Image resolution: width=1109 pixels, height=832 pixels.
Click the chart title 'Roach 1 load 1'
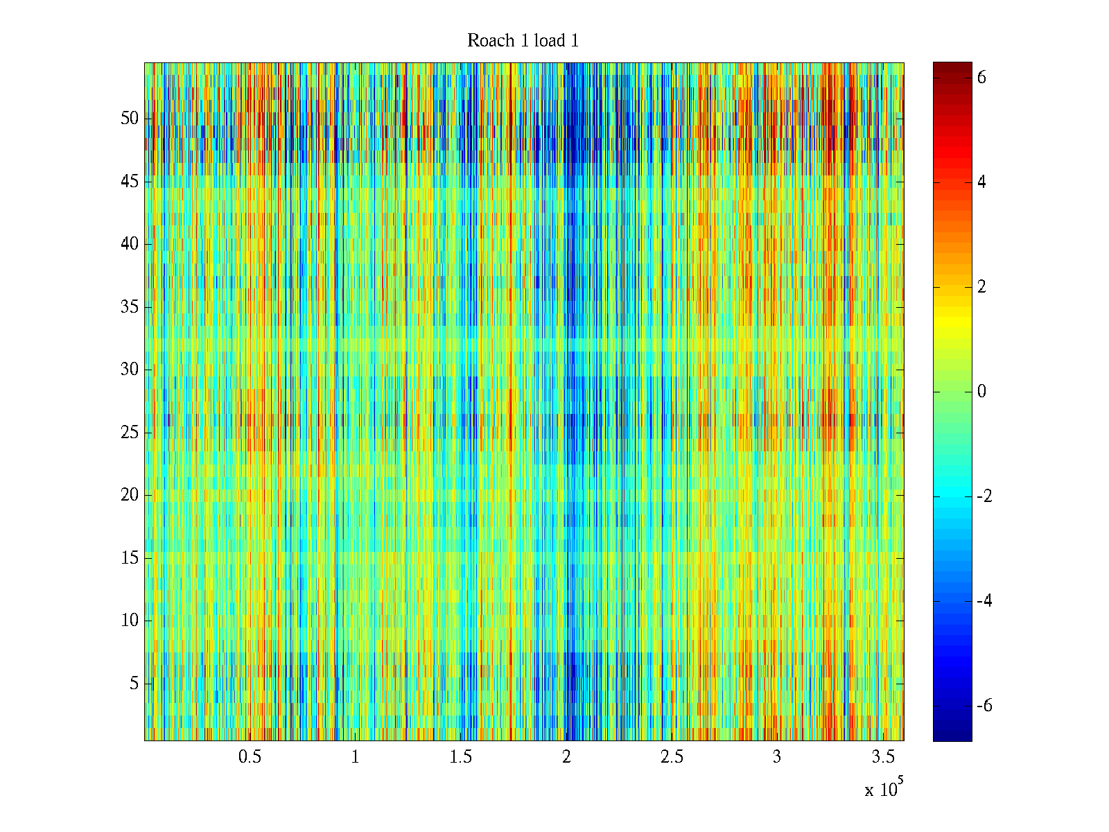point(523,41)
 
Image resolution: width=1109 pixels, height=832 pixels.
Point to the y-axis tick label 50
point(130,119)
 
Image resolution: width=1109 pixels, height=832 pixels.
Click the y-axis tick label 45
point(130,182)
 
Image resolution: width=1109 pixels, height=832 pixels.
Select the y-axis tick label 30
point(130,370)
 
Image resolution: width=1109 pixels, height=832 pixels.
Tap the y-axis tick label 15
point(130,558)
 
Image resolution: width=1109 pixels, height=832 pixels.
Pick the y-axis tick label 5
point(134,684)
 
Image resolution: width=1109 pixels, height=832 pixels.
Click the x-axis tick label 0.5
point(250,757)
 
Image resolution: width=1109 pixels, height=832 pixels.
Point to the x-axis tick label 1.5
point(460,757)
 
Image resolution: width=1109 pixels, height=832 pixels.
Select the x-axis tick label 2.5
point(672,757)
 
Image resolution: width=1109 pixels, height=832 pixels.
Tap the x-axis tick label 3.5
point(882,757)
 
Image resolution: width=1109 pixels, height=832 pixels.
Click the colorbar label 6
point(981,78)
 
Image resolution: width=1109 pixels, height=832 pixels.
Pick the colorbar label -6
point(984,706)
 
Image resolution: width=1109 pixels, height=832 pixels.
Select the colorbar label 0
point(981,392)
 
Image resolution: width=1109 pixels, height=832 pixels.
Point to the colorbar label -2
point(984,496)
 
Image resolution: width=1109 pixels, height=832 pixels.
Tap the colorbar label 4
point(981,182)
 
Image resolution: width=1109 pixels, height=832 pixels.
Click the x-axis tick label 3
point(777,757)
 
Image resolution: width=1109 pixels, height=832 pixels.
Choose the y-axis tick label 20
point(130,495)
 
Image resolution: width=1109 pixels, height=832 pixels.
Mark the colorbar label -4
point(984,601)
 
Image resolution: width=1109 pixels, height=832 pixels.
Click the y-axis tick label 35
point(130,307)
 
